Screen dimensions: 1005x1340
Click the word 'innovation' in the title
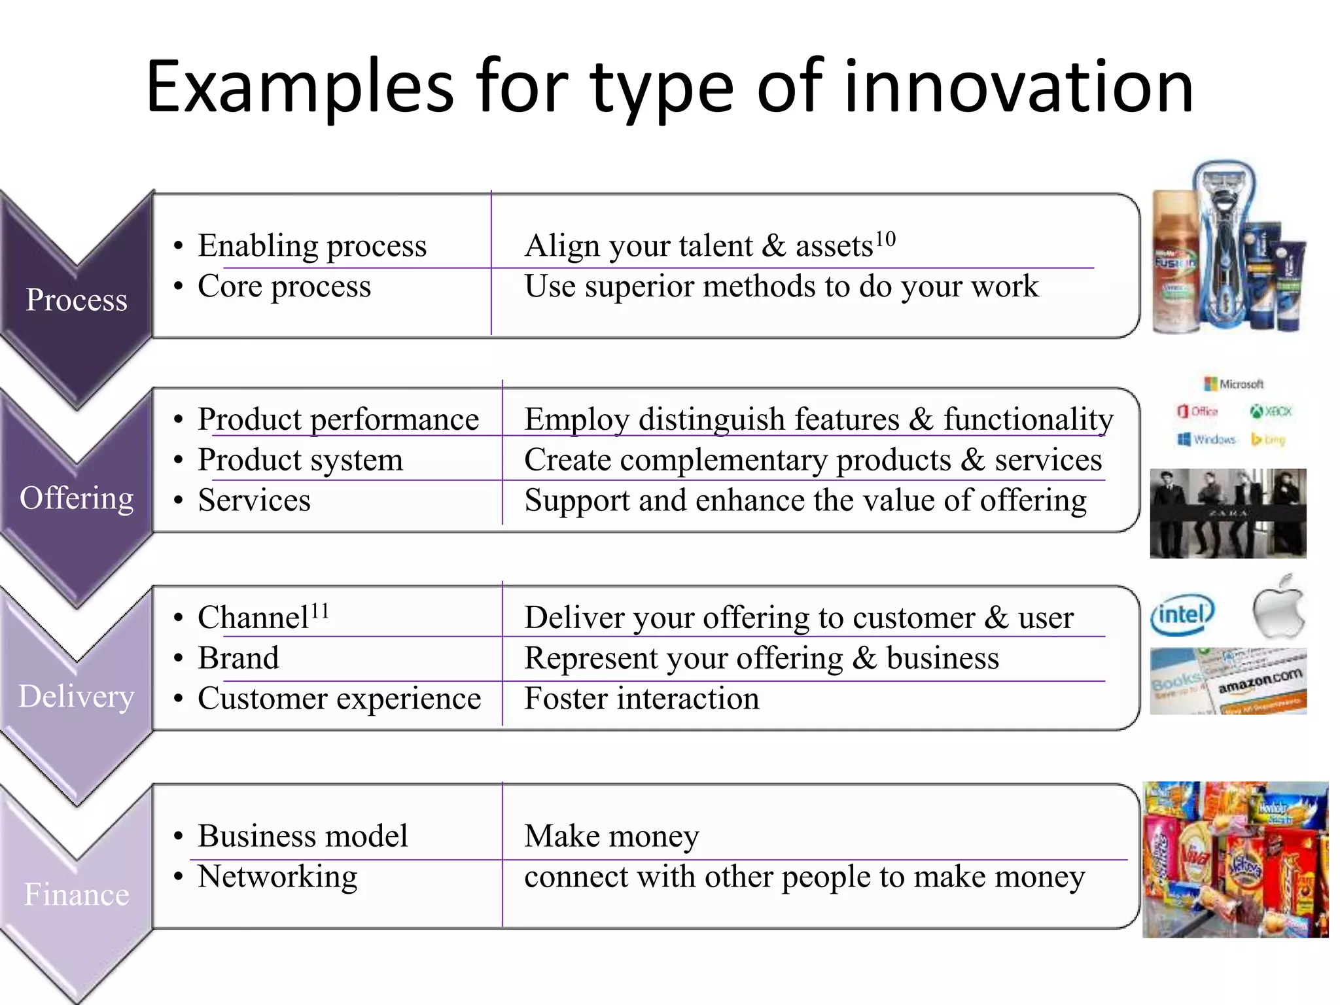click(x=1018, y=87)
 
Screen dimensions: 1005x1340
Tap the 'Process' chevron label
click(x=77, y=300)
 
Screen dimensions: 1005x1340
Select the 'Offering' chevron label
click(x=77, y=498)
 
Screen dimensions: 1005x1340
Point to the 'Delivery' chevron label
click(x=77, y=696)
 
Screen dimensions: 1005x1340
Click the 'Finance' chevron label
click(x=77, y=894)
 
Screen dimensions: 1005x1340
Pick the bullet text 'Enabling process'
click(x=312, y=246)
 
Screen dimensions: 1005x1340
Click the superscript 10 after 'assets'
click(x=885, y=239)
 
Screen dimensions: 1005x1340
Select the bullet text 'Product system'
click(x=300, y=459)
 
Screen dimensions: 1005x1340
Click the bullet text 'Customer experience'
click(x=339, y=698)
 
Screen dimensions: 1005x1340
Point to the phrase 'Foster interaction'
click(x=642, y=698)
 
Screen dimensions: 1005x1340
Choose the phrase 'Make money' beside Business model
click(x=612, y=836)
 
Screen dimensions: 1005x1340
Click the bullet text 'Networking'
click(x=277, y=877)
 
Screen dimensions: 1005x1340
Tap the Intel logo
click(x=1182, y=614)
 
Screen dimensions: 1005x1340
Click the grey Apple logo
click(x=1278, y=607)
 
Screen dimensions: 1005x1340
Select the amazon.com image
click(x=1228, y=681)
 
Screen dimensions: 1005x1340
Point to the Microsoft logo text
click(x=1241, y=384)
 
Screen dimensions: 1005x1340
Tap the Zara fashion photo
click(x=1228, y=514)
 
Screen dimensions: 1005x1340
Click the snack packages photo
click(x=1235, y=860)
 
